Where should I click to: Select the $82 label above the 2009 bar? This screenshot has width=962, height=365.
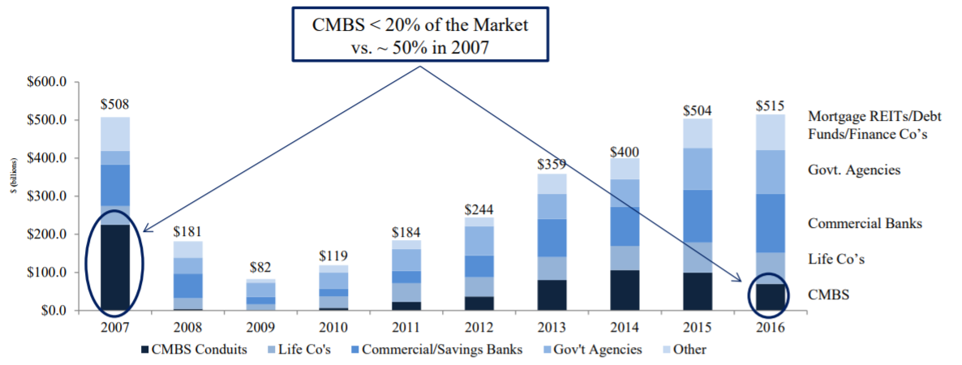coord(260,267)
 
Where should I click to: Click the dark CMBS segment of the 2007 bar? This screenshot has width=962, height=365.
coord(114,268)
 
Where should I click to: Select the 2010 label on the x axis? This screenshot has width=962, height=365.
coord(333,328)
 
